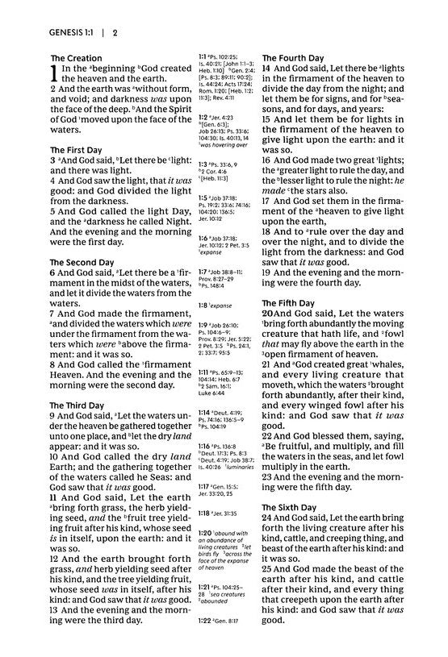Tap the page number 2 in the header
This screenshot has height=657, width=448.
click(115, 32)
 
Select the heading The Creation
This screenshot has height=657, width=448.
click(76, 58)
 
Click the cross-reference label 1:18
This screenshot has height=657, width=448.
click(206, 513)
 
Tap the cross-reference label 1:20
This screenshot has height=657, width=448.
click(206, 533)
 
